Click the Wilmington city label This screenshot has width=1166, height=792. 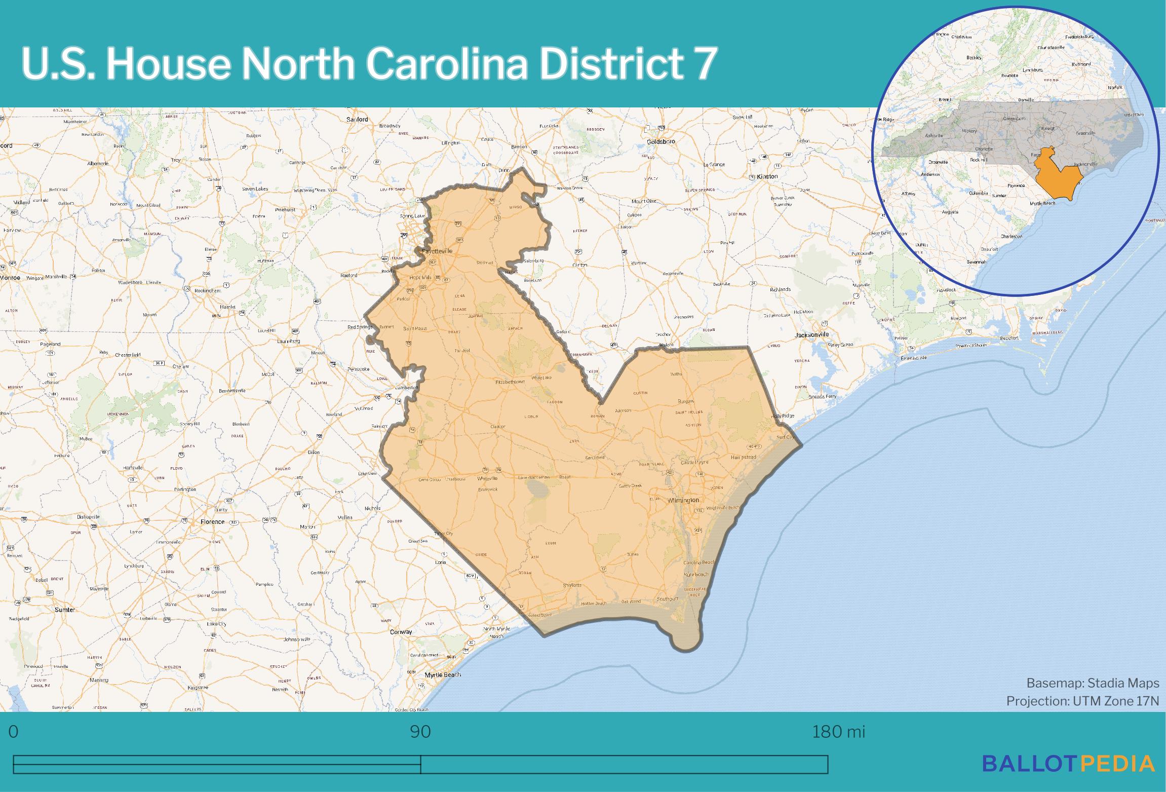pyautogui.click(x=683, y=500)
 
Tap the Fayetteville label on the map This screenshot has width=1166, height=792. pyautogui.click(x=437, y=251)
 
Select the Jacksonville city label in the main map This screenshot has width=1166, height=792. pyautogui.click(x=811, y=334)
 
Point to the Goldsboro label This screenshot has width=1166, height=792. pyautogui.click(x=660, y=142)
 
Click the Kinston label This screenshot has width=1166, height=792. pyautogui.click(x=767, y=176)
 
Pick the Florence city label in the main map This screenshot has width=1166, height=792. pyautogui.click(x=212, y=521)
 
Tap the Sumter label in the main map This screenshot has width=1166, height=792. pyautogui.click(x=64, y=610)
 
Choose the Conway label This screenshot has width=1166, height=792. pyautogui.click(x=401, y=632)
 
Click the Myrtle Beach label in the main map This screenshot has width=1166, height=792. pyautogui.click(x=443, y=674)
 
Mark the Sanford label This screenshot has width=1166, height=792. pyautogui.click(x=357, y=120)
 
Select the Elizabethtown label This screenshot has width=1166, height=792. pyautogui.click(x=510, y=382)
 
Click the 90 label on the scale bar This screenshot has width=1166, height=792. pyautogui.click(x=420, y=732)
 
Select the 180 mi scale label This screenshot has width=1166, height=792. pyautogui.click(x=838, y=732)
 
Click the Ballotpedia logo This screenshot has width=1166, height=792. pyautogui.click(x=1069, y=763)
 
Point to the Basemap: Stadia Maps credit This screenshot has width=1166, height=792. pyautogui.click(x=1093, y=683)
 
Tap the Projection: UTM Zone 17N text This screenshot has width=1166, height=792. pyautogui.click(x=1082, y=701)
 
